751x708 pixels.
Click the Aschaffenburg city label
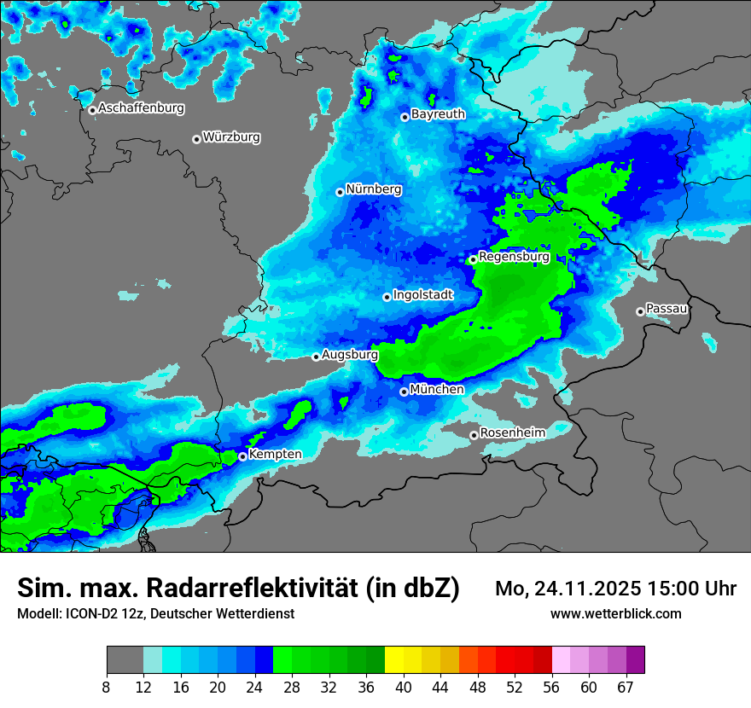(x=141, y=108)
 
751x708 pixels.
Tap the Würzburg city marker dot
(x=196, y=139)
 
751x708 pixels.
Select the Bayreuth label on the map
(x=438, y=113)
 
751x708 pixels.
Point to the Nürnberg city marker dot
(x=340, y=192)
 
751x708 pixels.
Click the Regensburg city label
(x=514, y=256)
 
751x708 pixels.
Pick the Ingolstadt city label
(x=423, y=294)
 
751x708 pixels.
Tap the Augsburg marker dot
(x=316, y=357)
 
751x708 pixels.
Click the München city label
(x=437, y=389)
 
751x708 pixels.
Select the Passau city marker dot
(x=640, y=311)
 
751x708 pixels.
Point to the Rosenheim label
(x=512, y=432)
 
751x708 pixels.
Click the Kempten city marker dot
(x=242, y=456)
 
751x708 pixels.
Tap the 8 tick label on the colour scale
(x=107, y=687)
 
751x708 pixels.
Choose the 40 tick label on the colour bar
(x=404, y=687)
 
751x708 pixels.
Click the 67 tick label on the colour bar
(x=626, y=687)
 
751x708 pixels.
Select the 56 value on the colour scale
(x=552, y=687)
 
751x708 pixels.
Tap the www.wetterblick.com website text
(x=615, y=614)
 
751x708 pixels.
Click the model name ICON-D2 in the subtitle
(x=88, y=614)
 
